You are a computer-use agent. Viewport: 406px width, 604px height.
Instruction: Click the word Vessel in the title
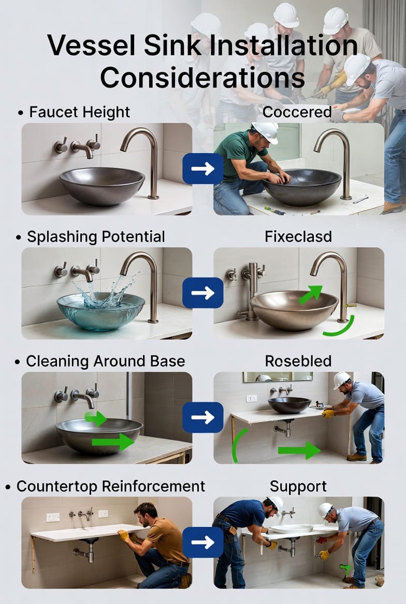pyautogui.click(x=92, y=46)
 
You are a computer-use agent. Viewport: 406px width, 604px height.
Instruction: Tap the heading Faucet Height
pyautogui.click(x=80, y=112)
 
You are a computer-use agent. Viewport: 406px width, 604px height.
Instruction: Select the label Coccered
pyautogui.click(x=297, y=112)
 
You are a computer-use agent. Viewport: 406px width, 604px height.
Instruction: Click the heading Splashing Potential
pyautogui.click(x=96, y=236)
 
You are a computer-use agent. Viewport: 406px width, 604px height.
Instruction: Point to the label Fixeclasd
pyautogui.click(x=298, y=236)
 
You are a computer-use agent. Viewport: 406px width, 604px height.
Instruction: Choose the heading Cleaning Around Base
pyautogui.click(x=105, y=361)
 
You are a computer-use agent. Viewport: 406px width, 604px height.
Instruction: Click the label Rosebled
pyautogui.click(x=298, y=361)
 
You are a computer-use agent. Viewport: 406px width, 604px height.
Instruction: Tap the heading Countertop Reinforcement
pyautogui.click(x=110, y=486)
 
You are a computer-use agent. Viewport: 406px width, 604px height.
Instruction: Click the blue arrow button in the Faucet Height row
pyautogui.click(x=202, y=169)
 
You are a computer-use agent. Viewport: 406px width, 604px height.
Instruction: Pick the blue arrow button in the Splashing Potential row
pyautogui.click(x=202, y=293)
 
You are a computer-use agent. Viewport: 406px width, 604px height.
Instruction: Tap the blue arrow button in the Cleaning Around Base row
pyautogui.click(x=202, y=417)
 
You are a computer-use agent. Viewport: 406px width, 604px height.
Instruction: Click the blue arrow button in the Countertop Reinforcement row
pyautogui.click(x=202, y=542)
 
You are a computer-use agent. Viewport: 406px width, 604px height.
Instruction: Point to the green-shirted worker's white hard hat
pyautogui.click(x=266, y=132)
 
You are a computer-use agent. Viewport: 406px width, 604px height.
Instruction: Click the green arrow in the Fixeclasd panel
pyautogui.click(x=311, y=295)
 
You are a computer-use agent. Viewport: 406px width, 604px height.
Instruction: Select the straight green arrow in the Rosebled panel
pyautogui.click(x=299, y=450)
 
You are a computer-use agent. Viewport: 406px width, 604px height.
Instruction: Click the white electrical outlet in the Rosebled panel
pyautogui.click(x=251, y=398)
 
